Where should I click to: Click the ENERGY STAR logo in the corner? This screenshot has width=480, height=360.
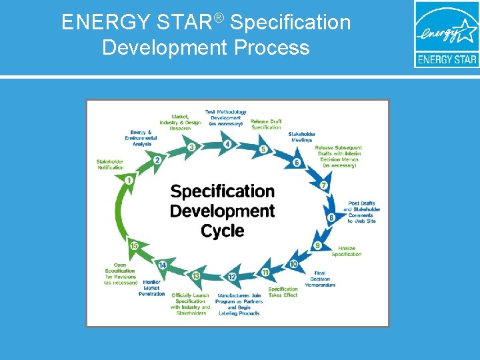pyautogui.click(x=446, y=34)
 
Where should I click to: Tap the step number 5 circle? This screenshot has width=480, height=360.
pyautogui.click(x=263, y=149)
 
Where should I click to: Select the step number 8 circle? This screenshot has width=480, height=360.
pyautogui.click(x=331, y=217)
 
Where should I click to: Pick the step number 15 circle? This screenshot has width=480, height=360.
pyautogui.click(x=135, y=246)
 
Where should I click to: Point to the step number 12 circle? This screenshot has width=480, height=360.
pyautogui.click(x=231, y=276)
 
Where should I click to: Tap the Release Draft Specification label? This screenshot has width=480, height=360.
pyautogui.click(x=266, y=124)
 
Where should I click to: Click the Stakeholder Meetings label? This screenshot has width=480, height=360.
pyautogui.click(x=301, y=137)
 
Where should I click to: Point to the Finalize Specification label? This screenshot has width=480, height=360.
pyautogui.click(x=346, y=251)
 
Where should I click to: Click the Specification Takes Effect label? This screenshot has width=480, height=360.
pyautogui.click(x=283, y=292)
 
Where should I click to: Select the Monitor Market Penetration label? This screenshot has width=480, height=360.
pyautogui.click(x=151, y=288)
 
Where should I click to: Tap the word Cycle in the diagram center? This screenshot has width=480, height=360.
pyautogui.click(x=223, y=231)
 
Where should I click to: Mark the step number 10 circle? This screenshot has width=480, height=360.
pyautogui.click(x=293, y=264)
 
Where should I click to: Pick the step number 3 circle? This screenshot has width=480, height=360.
pyautogui.click(x=191, y=147)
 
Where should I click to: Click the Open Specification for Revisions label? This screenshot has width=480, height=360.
pyautogui.click(x=120, y=273)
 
